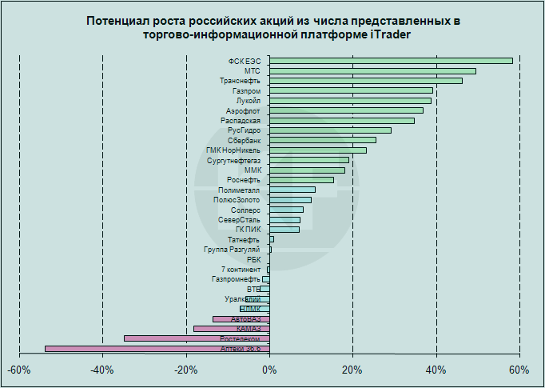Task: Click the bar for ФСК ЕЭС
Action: pyautogui.click(x=391, y=61)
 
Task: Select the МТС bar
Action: pyautogui.click(x=372, y=71)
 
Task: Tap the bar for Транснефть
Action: pyautogui.click(x=365, y=81)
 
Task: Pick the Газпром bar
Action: pyautogui.click(x=351, y=90)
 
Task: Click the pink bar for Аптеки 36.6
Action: pyautogui.click(x=157, y=349)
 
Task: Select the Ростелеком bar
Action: pyautogui.click(x=197, y=338)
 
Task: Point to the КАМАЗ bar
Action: pyautogui.click(x=231, y=329)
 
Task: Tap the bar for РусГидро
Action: pyautogui.click(x=330, y=130)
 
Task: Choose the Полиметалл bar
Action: pyautogui.click(x=292, y=190)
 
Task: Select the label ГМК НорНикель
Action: pyautogui.click(x=233, y=150)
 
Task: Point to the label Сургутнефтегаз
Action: pyautogui.click(x=233, y=160)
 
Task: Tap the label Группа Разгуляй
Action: pyautogui.click(x=232, y=250)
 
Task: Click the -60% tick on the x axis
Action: pyautogui.click(x=19, y=370)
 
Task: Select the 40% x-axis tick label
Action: pyautogui.click(x=436, y=370)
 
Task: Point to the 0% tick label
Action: pyautogui.click(x=269, y=370)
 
